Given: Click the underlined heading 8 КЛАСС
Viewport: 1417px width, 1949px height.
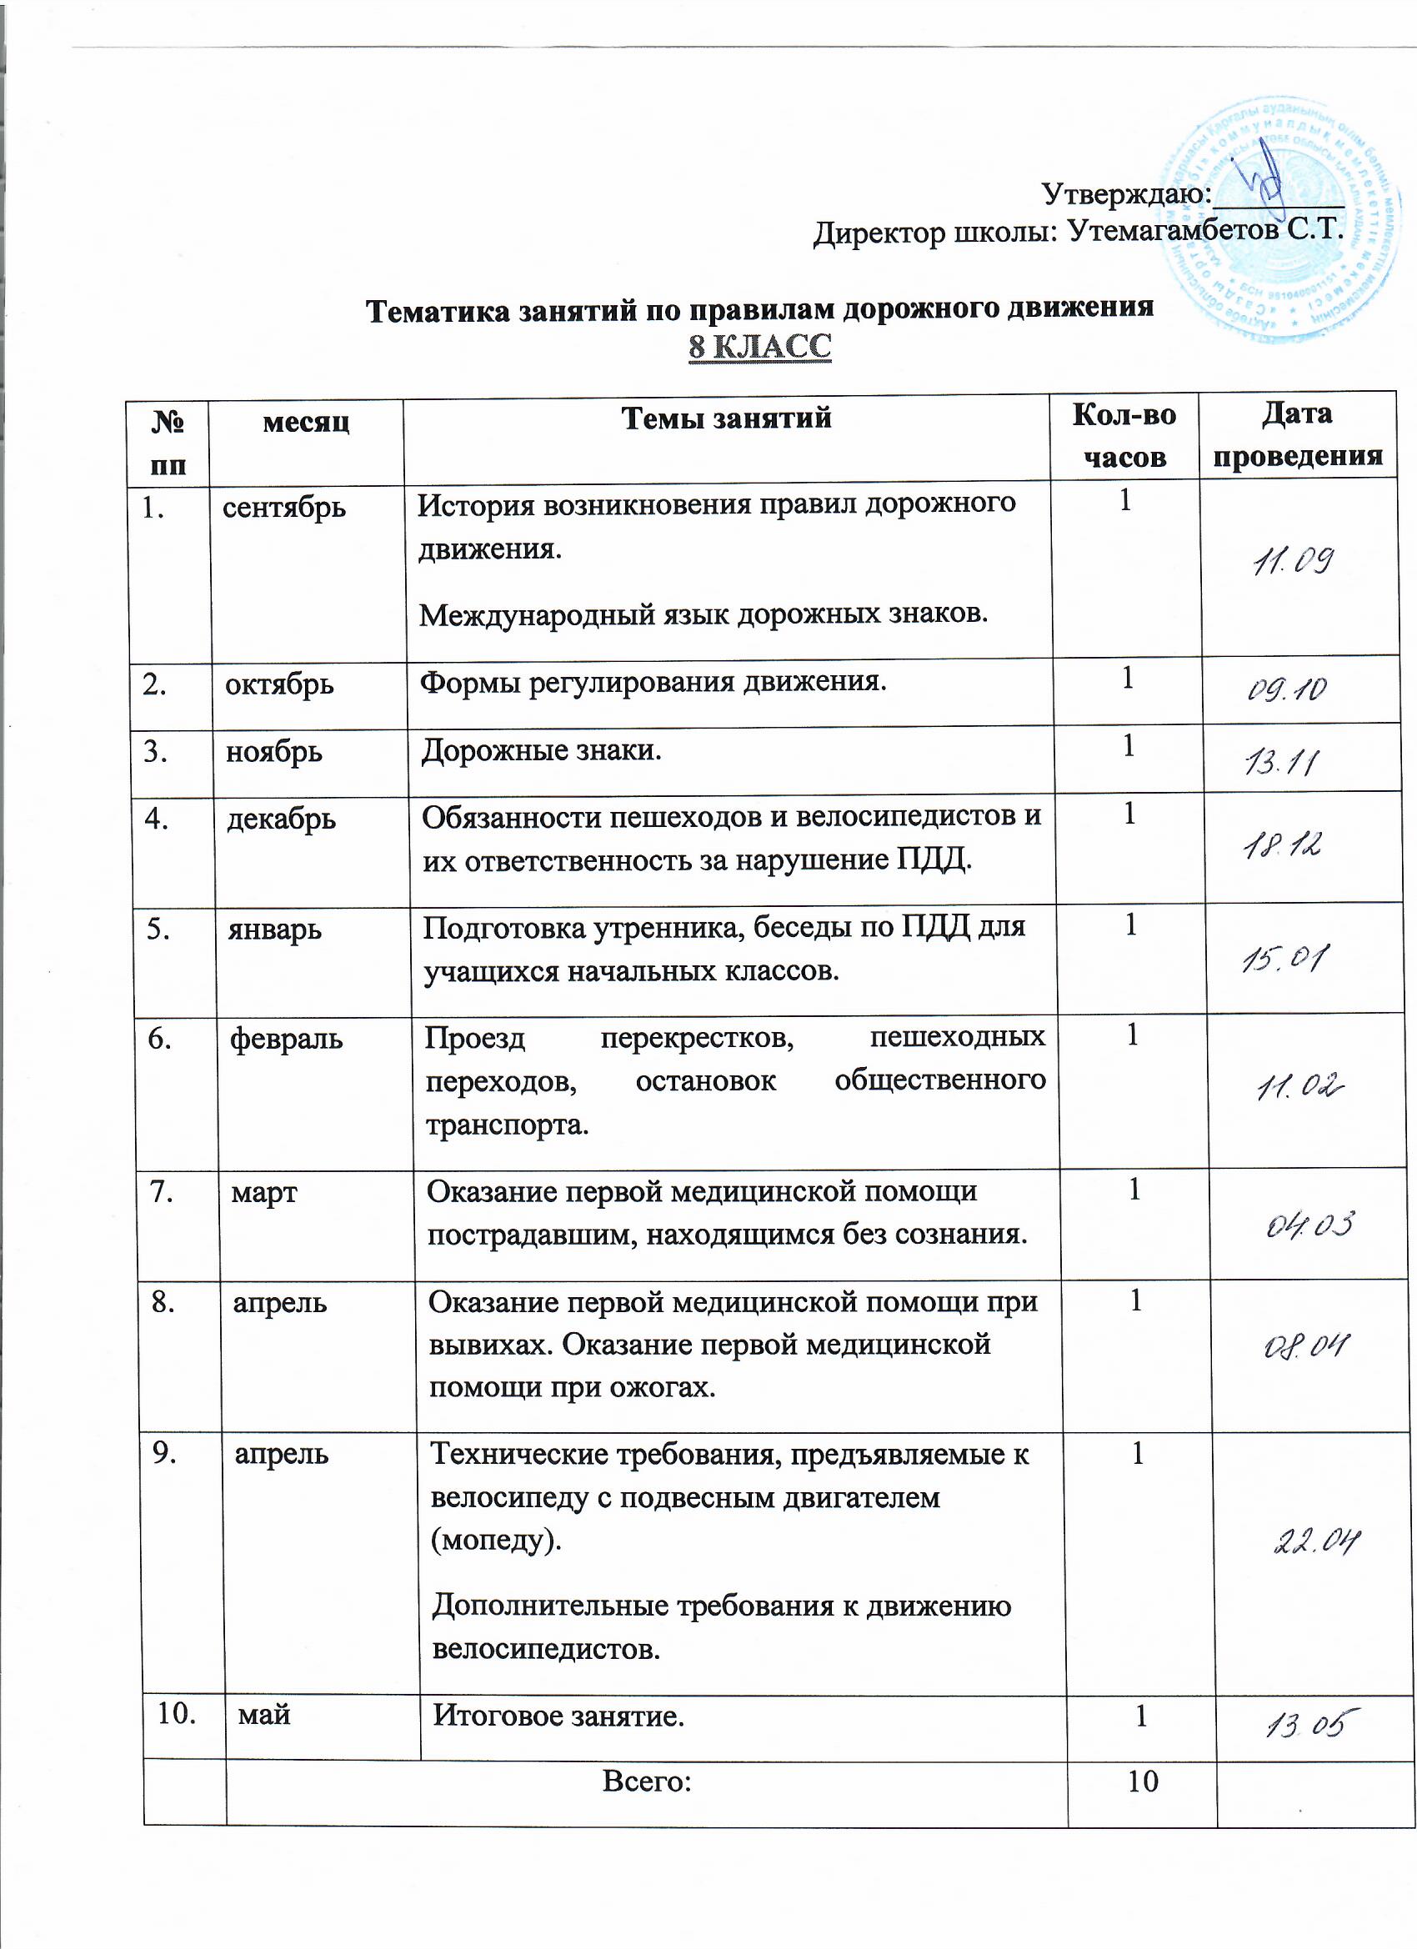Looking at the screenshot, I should [759, 346].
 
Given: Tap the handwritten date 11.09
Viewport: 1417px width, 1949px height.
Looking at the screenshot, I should [1294, 563].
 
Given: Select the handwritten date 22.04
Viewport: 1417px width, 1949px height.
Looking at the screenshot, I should [1315, 1542].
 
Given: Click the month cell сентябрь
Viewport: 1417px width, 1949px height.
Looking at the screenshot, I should [284, 508].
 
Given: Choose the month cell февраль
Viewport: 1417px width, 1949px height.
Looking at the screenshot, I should [286, 1039].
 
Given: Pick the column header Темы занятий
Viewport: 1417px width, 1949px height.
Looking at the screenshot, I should [726, 418].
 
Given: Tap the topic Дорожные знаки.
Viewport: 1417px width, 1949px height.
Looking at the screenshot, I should [541, 751].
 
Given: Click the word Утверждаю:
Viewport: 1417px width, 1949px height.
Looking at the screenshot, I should [1127, 194].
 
